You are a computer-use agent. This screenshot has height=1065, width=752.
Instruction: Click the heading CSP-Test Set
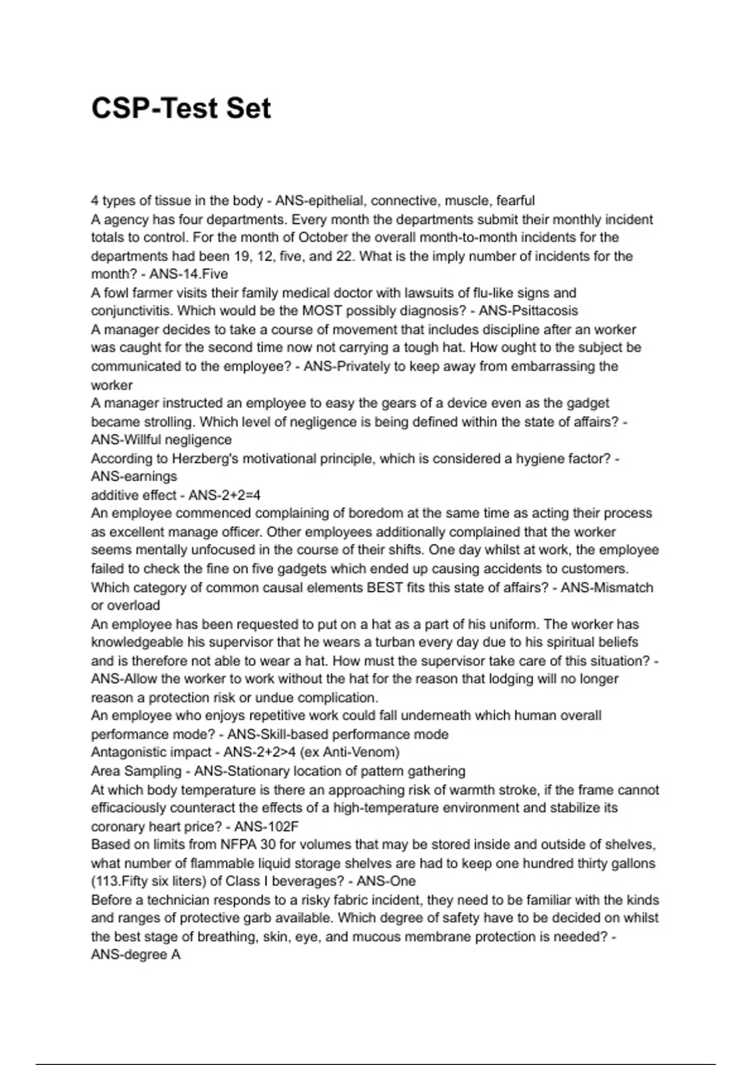tap(181, 108)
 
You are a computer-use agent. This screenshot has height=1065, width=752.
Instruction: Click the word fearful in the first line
tap(515, 200)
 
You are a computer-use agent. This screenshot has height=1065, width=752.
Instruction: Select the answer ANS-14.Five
tap(189, 274)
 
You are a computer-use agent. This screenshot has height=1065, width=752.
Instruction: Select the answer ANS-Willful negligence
tap(161, 440)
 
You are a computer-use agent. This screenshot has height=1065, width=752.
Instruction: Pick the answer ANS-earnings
tap(134, 477)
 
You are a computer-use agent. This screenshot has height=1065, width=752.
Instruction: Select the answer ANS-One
tap(386, 881)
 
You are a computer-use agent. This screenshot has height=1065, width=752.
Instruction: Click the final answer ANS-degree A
tap(136, 955)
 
